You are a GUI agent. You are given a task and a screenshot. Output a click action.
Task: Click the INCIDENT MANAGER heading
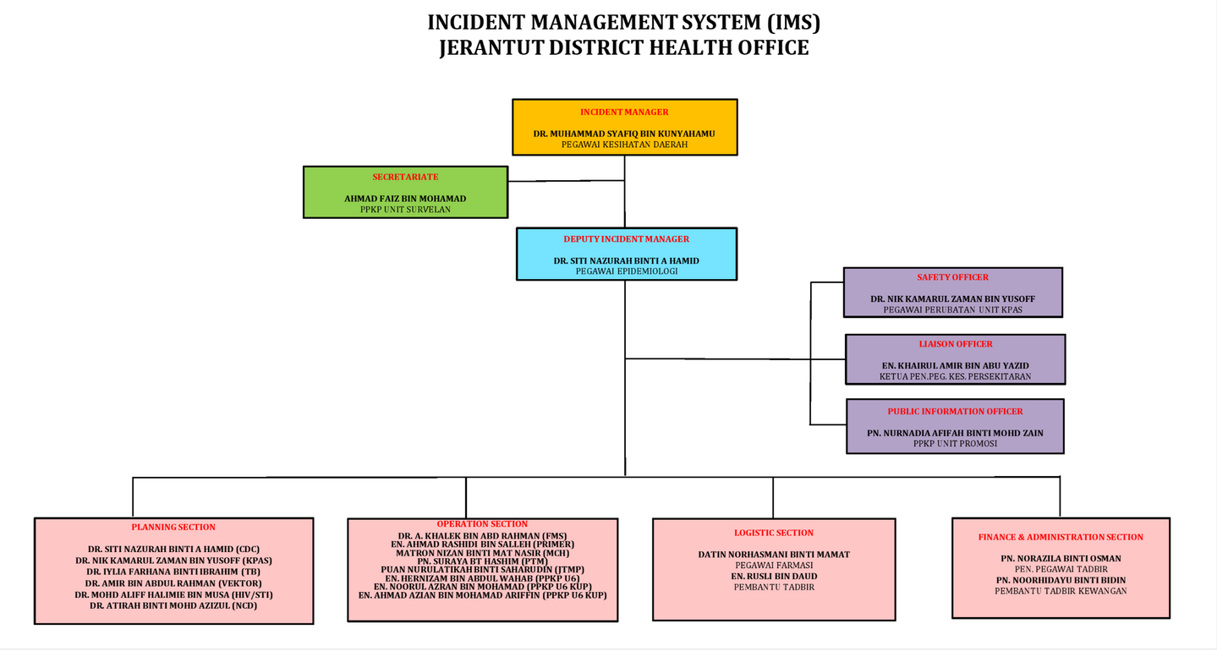click(624, 112)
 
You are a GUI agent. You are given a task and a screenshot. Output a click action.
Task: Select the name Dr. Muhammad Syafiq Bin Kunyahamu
click(624, 134)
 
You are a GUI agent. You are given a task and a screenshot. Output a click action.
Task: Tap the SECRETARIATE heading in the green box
click(405, 178)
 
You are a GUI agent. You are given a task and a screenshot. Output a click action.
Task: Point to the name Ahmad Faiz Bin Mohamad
click(405, 199)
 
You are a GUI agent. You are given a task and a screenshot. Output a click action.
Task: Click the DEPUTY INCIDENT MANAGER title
click(626, 239)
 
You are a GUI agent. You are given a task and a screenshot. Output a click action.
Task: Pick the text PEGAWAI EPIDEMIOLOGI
click(627, 271)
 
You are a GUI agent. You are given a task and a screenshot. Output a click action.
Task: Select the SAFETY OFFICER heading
click(952, 277)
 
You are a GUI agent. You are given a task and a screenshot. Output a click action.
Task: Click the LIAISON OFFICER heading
click(956, 344)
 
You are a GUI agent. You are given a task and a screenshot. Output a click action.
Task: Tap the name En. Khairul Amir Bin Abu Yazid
click(955, 366)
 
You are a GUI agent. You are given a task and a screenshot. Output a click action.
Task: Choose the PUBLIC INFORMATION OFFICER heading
click(955, 412)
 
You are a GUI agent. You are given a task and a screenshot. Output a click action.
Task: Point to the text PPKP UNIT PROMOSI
click(955, 443)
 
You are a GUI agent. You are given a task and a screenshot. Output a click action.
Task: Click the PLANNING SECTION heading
click(173, 528)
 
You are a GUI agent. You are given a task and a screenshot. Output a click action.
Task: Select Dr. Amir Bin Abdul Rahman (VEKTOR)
click(173, 583)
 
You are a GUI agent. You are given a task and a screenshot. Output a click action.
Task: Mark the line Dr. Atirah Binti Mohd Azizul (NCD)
click(173, 605)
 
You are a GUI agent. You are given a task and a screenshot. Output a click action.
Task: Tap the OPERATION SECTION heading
click(482, 524)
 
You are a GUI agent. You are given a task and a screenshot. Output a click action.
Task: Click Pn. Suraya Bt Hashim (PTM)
click(482, 561)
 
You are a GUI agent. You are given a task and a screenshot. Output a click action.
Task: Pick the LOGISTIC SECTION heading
click(774, 533)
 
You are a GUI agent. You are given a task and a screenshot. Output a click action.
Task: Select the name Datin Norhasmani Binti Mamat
click(774, 555)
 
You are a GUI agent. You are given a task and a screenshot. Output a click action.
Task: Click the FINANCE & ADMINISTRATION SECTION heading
click(1061, 538)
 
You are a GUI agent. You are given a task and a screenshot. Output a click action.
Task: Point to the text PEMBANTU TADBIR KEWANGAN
click(1061, 591)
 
